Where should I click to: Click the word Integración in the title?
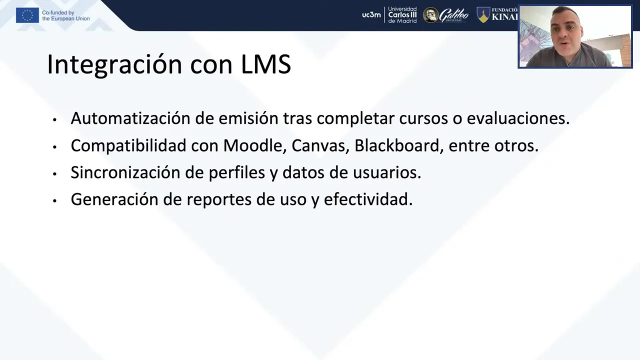(x=114, y=64)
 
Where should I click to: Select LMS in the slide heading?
(x=266, y=64)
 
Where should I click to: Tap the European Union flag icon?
(x=27, y=15)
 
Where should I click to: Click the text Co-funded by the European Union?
(x=66, y=15)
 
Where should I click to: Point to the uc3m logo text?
(x=371, y=15)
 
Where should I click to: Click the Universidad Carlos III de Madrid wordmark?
(x=402, y=15)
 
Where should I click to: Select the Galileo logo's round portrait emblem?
(x=430, y=15)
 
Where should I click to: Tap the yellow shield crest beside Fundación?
(x=483, y=15)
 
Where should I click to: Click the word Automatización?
(x=130, y=118)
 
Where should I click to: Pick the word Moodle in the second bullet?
(x=255, y=145)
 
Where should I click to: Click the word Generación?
(x=114, y=199)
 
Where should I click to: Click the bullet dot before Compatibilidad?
(x=54, y=147)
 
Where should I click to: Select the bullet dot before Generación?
(x=54, y=201)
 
